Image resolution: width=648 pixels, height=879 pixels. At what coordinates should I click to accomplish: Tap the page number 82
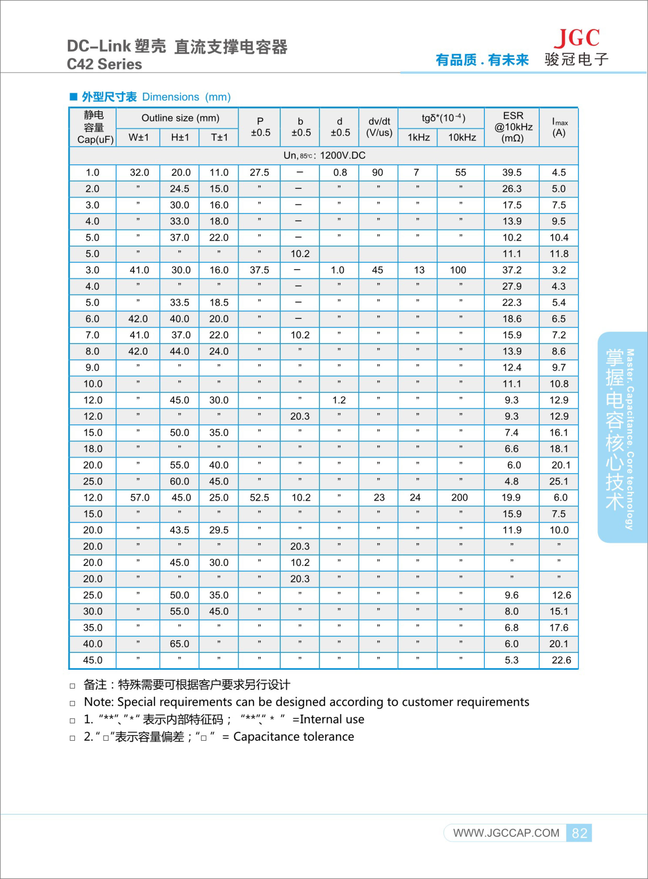[579, 833]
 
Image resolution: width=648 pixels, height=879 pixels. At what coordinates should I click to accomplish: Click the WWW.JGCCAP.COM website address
[506, 833]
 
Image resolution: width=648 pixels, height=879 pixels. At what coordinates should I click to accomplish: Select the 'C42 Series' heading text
[104, 64]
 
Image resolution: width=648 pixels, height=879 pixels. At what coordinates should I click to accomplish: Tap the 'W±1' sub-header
[138, 137]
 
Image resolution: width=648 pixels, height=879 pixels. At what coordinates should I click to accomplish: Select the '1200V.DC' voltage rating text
[342, 156]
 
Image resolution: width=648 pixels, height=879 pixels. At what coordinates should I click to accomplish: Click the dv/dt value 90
[377, 172]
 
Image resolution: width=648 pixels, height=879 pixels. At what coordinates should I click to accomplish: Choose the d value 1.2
[339, 400]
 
